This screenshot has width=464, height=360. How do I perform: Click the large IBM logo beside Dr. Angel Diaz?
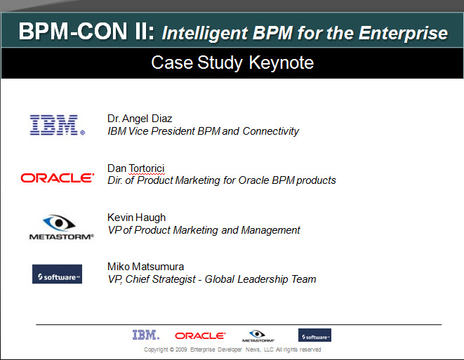tap(58, 125)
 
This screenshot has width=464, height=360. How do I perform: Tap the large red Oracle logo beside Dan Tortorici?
tap(58, 178)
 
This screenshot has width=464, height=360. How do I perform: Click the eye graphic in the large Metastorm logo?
tap(59, 222)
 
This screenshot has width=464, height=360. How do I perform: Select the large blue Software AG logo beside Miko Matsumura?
tap(57, 274)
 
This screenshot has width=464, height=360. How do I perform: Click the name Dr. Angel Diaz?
tap(140, 119)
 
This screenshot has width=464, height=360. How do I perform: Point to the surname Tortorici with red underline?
tap(147, 168)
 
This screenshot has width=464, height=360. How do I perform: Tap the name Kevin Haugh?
tap(136, 218)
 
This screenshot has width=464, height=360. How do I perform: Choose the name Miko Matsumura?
tap(145, 267)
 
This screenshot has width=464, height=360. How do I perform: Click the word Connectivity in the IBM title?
tap(271, 131)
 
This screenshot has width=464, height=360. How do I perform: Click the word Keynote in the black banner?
tap(281, 62)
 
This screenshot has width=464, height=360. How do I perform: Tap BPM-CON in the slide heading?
tap(73, 31)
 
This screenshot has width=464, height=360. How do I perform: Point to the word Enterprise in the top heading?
tap(403, 33)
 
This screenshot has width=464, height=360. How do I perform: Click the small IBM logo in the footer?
tap(146, 335)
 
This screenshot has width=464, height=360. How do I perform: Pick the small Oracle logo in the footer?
tap(200, 335)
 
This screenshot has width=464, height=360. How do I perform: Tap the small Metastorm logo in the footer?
tap(258, 336)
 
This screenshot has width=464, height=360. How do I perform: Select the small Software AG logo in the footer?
tap(314, 335)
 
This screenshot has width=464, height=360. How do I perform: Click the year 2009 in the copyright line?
tap(181, 349)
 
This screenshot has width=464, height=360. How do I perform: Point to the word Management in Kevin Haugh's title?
tap(270, 230)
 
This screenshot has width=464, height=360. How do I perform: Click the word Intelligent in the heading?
tap(205, 33)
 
